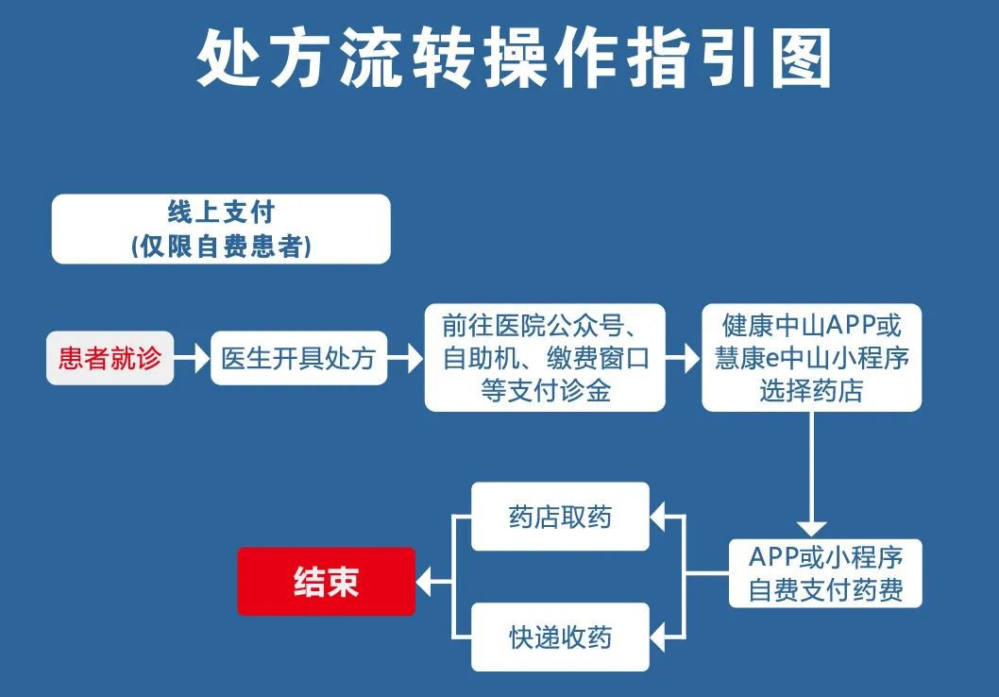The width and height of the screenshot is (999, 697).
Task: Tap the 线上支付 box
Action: pos(221,229)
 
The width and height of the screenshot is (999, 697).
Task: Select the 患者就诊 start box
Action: pos(110,358)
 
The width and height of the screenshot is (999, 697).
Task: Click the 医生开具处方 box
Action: pos(298,358)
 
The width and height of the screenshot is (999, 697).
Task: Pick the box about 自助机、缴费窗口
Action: pos(545,357)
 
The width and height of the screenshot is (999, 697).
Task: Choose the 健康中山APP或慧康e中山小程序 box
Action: pos(811,357)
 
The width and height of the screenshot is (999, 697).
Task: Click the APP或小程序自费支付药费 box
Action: pos(825,573)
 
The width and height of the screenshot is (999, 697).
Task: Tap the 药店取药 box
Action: pos(560,517)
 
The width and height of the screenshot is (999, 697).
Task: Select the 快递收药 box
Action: pos(560,637)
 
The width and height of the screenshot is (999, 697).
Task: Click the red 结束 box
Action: pos(326,582)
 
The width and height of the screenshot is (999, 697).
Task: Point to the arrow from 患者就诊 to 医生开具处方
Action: pos(192,358)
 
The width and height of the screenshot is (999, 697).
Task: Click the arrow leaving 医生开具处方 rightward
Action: pos(405,358)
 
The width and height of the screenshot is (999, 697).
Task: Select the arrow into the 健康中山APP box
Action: pos(683,358)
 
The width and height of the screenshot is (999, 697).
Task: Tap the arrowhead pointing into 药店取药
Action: pos(659,517)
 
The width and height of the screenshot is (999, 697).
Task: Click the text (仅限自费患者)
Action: pos(221,246)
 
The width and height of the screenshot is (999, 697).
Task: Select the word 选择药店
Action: pos(811,391)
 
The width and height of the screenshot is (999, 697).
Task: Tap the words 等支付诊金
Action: pos(545,391)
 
